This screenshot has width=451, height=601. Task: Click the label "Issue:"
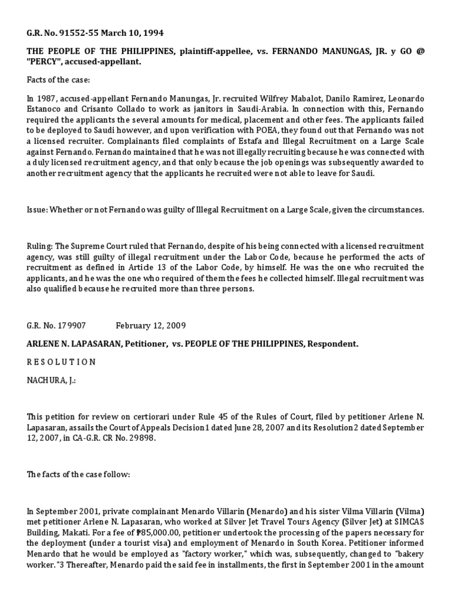[38, 210]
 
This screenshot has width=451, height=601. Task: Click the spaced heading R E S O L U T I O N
[62, 362]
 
